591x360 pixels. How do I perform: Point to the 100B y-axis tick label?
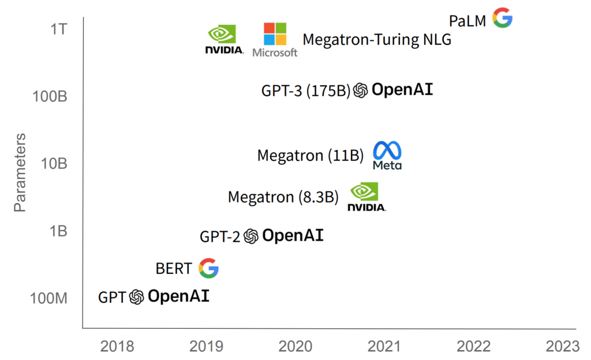tap(50, 96)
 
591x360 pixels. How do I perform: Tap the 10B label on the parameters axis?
tap(54, 164)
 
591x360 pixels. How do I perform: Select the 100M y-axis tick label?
tap(49, 299)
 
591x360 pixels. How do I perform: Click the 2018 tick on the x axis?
tap(117, 346)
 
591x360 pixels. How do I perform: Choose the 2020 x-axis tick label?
tap(295, 346)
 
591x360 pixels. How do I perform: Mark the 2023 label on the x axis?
tap(562, 346)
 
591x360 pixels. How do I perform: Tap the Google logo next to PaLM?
tap(502, 18)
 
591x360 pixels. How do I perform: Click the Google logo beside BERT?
tap(208, 268)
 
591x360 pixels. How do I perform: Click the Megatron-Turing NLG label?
tap(377, 39)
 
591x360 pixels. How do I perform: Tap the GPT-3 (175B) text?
tap(306, 91)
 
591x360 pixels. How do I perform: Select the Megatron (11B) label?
tap(311, 156)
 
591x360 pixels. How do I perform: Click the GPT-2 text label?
tap(219, 236)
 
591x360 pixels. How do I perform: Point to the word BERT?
tap(173, 269)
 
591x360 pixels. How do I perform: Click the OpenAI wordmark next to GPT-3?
tap(402, 89)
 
